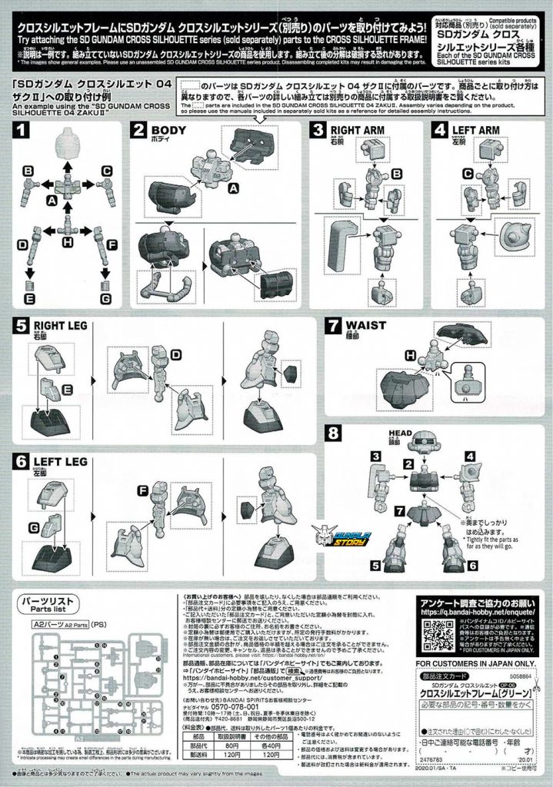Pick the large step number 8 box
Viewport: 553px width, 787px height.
click(335, 433)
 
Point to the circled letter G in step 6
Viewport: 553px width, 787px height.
click(34, 526)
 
